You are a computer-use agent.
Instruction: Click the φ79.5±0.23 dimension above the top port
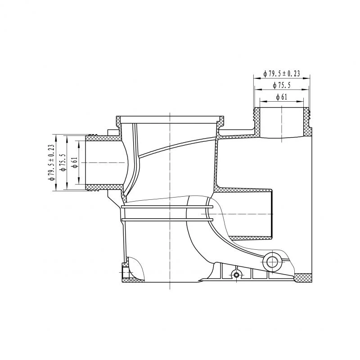(x=282, y=73)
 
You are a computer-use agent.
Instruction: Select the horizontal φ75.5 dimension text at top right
(x=281, y=85)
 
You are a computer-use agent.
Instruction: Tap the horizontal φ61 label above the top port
(x=281, y=97)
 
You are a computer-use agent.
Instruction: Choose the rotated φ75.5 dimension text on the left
(x=63, y=162)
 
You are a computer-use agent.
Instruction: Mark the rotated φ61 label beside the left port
(x=75, y=162)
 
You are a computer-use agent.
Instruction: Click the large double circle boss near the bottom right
(x=271, y=261)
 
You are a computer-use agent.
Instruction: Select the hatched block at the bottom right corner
(x=303, y=278)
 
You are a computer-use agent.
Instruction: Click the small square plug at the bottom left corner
(x=125, y=273)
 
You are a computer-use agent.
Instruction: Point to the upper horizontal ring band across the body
(x=167, y=208)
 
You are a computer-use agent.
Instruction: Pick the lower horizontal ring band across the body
(x=167, y=220)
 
